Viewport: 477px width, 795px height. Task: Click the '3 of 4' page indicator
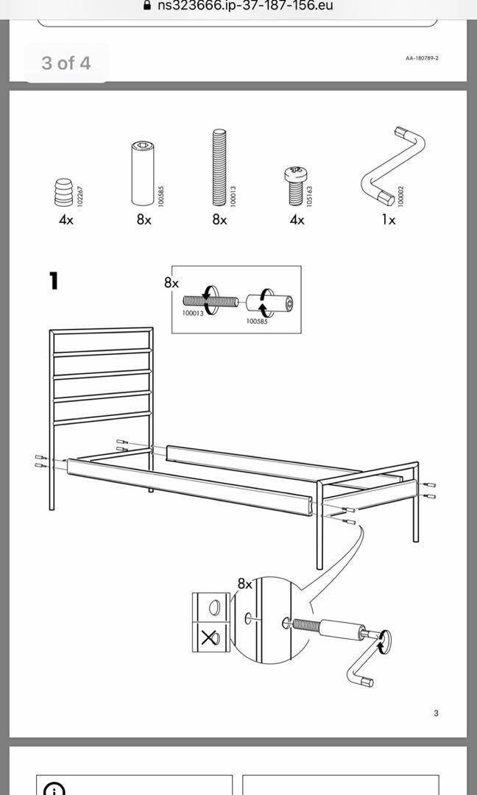coord(66,63)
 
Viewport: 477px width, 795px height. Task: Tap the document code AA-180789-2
coord(422,58)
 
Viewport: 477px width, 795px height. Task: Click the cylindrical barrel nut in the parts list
coord(142,174)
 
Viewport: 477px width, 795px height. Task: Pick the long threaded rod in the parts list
coord(219,169)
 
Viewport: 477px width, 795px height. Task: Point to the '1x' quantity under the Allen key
coord(388,220)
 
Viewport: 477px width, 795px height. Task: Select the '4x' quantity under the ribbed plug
coord(66,220)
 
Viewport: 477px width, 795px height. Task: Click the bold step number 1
coord(53,280)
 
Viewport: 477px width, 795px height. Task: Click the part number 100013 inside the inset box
coord(193,314)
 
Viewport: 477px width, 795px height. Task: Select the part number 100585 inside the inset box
coord(257,322)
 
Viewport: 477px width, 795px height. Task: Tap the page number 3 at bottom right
coord(436,713)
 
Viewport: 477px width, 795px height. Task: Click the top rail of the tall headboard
coord(102,331)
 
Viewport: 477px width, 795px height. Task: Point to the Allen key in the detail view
coord(358,662)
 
